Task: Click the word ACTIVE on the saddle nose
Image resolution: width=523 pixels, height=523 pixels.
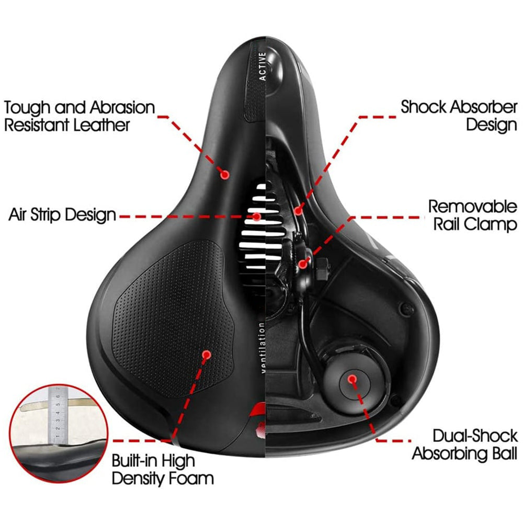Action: pos(263,66)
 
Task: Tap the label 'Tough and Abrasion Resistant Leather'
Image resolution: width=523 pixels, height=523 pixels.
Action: pos(79,116)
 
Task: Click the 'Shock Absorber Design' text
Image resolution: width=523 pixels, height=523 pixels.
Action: pos(459,116)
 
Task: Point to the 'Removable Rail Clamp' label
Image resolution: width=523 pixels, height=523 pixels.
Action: pos(473,215)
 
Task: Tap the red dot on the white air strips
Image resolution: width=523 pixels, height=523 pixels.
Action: pos(257,215)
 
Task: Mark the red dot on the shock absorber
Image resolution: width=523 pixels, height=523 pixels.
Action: pos(298,211)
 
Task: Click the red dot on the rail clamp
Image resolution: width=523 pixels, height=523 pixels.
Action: pos(302,264)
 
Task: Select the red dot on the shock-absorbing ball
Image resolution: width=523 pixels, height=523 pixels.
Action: pos(352,378)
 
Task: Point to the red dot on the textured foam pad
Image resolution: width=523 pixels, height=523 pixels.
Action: pos(206,355)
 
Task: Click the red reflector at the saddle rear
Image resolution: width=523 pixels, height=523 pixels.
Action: pos(258,421)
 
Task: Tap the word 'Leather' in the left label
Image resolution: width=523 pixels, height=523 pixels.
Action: pos(103,125)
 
